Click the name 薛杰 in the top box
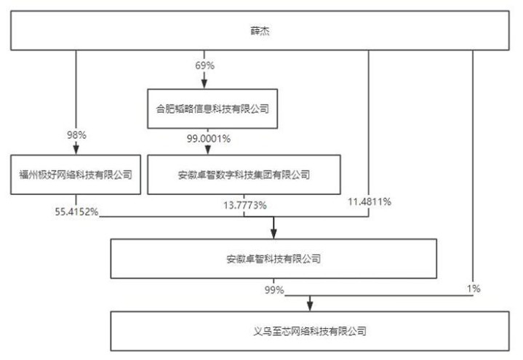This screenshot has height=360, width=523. pyautogui.click(x=260, y=31)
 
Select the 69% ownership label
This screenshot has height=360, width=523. pyautogui.click(x=205, y=65)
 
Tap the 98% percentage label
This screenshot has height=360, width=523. pyautogui.click(x=76, y=135)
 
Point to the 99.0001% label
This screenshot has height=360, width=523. pyautogui.click(x=209, y=138)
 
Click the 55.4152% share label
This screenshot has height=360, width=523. pyautogui.click(x=76, y=212)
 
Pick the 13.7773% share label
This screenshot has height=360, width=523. pyautogui.click(x=245, y=205)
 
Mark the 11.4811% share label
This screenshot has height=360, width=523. pyautogui.click(x=370, y=201)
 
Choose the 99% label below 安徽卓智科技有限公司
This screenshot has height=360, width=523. pyautogui.click(x=274, y=289)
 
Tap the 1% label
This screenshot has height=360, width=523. pyautogui.click(x=474, y=289)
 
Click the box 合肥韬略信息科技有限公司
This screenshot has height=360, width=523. pyautogui.click(x=212, y=109)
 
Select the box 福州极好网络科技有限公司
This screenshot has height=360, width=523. pyautogui.click(x=76, y=175)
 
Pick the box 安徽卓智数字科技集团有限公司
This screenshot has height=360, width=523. pyautogui.click(x=244, y=175)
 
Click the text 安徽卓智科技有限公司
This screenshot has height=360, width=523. pyautogui.click(x=274, y=259)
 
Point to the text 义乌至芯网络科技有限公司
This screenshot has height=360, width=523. pyautogui.click(x=310, y=332)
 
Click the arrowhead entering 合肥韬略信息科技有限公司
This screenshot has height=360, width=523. pyautogui.click(x=204, y=84)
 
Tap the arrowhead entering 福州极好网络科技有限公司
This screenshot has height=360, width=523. pyautogui.click(x=76, y=150)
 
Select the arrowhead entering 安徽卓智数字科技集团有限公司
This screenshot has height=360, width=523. pyautogui.click(x=208, y=150)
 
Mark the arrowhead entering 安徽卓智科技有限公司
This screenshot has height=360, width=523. pyautogui.click(x=274, y=234)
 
